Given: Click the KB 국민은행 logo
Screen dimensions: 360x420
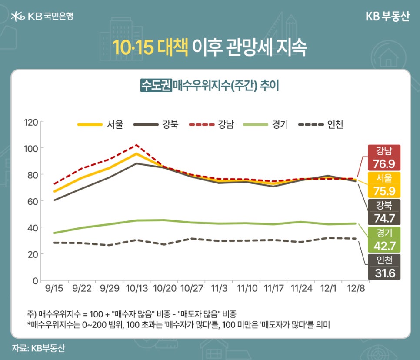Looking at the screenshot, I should coord(42,17).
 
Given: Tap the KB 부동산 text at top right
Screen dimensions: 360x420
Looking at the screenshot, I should coord(387,16).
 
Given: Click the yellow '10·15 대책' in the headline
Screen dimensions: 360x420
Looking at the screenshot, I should coord(150,48).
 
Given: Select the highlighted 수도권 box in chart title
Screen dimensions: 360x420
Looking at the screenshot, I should coord(156,85).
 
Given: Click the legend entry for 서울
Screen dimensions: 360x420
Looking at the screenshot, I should coord(100,124).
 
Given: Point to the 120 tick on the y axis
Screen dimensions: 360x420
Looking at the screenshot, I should coord(32,122).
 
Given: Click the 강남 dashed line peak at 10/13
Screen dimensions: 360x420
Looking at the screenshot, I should coord(137,145).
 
